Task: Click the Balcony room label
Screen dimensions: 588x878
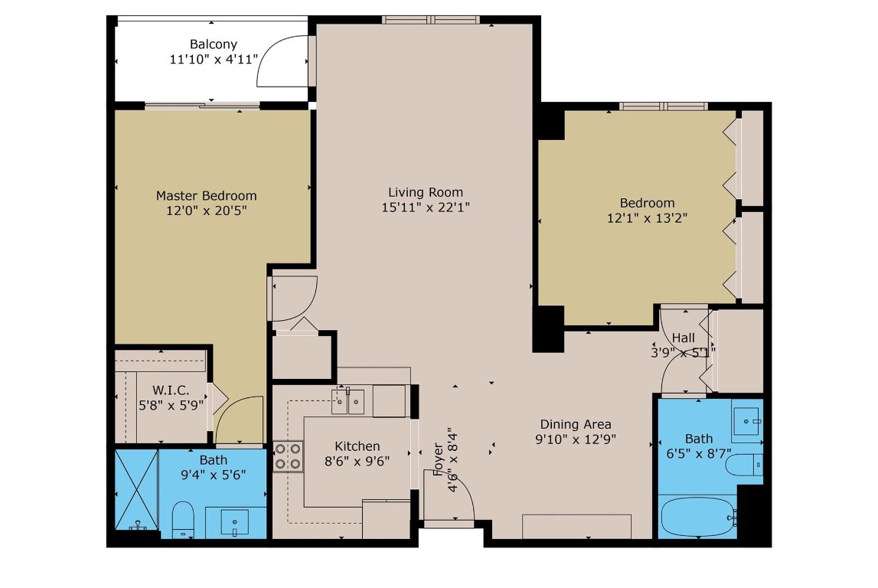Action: (214, 44)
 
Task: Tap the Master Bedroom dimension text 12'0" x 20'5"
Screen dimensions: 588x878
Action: (207, 210)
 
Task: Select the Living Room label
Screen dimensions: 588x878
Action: (425, 192)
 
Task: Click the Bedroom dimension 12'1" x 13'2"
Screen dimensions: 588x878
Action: (648, 217)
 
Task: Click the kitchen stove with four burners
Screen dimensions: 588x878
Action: (288, 456)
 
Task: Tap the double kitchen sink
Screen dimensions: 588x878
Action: (348, 401)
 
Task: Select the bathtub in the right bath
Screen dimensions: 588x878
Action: (695, 517)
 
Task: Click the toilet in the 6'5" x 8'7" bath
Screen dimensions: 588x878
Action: (745, 465)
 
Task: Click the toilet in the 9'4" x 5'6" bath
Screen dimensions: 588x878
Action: (183, 521)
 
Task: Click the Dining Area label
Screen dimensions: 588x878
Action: (576, 424)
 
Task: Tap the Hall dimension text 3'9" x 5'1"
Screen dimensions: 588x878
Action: (683, 352)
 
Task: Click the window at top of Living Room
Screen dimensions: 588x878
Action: (430, 19)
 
